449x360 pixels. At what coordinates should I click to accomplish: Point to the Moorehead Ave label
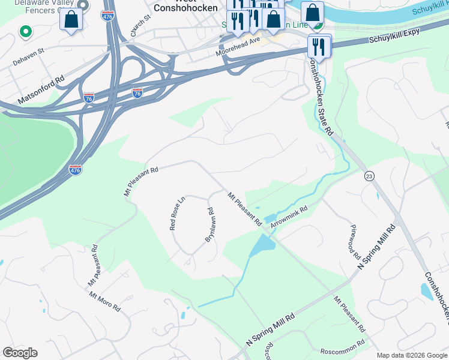click(238, 47)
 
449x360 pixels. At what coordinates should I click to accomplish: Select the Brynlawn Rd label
click(210, 225)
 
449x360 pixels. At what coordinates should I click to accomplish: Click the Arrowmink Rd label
click(289, 217)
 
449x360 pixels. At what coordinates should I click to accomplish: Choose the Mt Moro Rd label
click(105, 301)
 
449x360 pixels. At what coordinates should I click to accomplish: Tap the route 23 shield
click(369, 175)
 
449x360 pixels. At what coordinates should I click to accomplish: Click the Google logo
click(20, 353)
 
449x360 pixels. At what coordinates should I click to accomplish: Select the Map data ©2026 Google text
click(412, 355)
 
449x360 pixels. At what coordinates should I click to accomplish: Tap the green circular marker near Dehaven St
click(25, 31)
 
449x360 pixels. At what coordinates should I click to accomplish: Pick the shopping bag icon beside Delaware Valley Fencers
click(71, 20)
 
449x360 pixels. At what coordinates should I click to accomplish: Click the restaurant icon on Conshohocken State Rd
click(318, 46)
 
